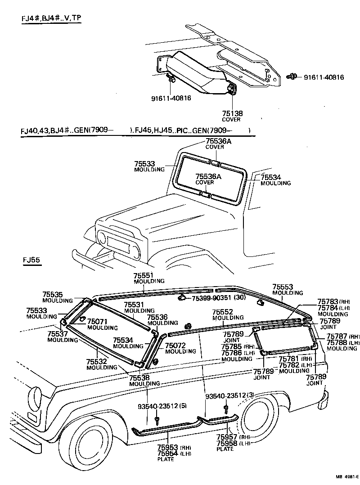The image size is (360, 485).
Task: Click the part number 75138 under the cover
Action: (x=232, y=114)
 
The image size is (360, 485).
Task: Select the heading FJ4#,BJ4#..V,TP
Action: (x=51, y=18)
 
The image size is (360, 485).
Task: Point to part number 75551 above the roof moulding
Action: (x=144, y=275)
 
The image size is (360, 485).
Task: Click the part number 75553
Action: (x=283, y=287)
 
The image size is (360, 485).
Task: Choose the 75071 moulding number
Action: (x=97, y=322)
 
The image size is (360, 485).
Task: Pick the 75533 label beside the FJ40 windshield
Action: (x=144, y=164)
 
